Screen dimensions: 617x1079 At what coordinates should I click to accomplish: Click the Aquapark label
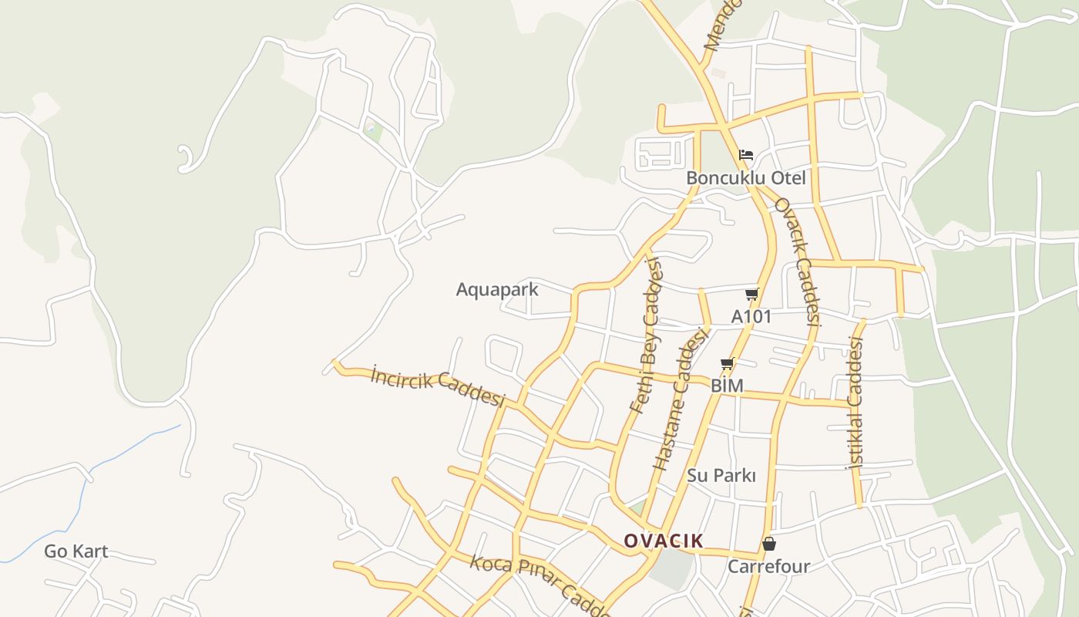[497, 290]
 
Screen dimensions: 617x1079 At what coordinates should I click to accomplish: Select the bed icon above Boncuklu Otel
[745, 155]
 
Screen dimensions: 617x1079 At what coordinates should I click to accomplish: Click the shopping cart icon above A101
[751, 294]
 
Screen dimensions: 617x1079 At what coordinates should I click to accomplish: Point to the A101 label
[751, 316]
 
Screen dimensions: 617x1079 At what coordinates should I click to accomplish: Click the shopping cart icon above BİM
[727, 363]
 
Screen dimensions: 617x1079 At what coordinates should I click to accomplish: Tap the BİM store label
[727, 385]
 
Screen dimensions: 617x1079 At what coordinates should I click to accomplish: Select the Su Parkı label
[721, 475]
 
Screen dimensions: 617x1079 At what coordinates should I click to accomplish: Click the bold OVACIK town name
[664, 541]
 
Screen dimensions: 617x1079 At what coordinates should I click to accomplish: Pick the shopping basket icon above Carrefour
[768, 545]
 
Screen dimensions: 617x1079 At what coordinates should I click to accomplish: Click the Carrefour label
[769, 567]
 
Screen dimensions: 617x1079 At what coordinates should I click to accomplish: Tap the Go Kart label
[76, 551]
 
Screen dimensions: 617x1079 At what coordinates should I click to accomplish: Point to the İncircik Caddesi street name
[437, 386]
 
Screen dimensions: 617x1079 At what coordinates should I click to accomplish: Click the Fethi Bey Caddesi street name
[646, 336]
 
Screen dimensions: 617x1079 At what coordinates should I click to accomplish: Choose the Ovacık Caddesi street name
[798, 262]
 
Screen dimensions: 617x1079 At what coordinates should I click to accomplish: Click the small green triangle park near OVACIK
[638, 507]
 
